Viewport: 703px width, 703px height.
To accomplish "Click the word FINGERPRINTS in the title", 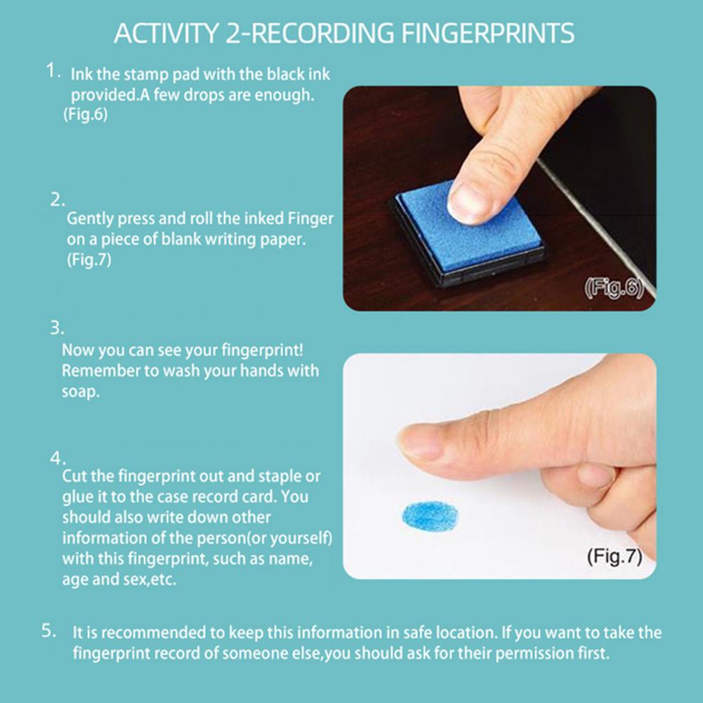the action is point(487,33).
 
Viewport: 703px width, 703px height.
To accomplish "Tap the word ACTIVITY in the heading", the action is point(166,33).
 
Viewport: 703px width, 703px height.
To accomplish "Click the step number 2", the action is point(57,200).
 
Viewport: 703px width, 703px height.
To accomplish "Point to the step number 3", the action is point(57,328).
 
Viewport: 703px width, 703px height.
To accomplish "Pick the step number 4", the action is point(58,458).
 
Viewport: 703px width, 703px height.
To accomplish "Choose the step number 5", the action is point(48,631).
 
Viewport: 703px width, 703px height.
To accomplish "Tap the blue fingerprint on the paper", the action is point(430,516).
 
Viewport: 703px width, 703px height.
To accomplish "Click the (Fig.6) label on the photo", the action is point(614,287).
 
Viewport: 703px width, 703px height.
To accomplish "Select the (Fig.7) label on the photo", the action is point(615,556).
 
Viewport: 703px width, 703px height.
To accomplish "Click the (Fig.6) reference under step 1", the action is point(86,114).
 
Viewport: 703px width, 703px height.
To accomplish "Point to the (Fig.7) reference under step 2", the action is point(88,260).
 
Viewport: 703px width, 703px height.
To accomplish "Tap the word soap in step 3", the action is point(80,393).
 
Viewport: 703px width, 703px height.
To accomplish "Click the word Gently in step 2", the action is point(89,219).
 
